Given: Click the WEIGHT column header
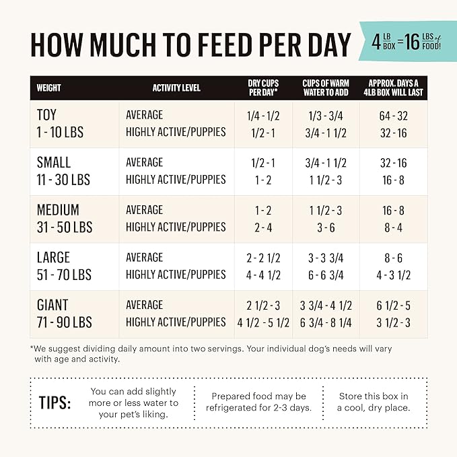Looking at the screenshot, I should [x=48, y=87].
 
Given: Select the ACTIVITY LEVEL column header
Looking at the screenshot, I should [x=176, y=87].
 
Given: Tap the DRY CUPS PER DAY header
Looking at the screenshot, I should [x=264, y=87].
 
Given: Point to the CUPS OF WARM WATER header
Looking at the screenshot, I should [x=326, y=87].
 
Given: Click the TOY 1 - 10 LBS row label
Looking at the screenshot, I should [x=60, y=124].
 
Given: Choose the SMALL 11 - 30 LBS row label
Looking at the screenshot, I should [x=63, y=171].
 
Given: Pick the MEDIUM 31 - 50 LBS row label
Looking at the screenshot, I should [x=64, y=218].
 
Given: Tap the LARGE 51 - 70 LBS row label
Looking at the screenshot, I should [x=63, y=266].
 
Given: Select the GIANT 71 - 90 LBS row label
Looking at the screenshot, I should [x=64, y=314].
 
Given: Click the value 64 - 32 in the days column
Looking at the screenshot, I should [x=393, y=116].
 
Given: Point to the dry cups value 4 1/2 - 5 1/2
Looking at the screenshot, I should [x=263, y=322].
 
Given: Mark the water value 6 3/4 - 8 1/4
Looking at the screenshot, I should [x=326, y=322].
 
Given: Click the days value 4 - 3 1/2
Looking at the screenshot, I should [x=393, y=275].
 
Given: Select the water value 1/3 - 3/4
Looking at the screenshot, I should [x=326, y=116].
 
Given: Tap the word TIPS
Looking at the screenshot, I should [x=55, y=402].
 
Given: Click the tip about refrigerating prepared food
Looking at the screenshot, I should [x=258, y=402].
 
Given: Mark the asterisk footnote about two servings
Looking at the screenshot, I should [x=211, y=354].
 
